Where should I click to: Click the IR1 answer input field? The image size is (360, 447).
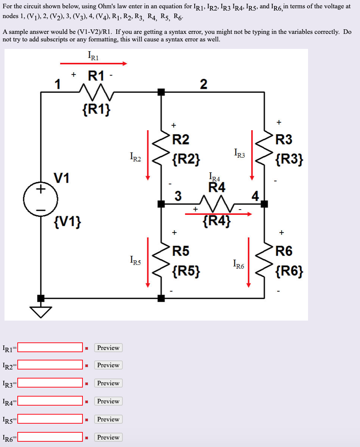[x=50, y=347]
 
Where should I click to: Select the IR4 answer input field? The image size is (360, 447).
[x=50, y=401]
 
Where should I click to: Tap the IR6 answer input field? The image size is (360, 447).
[x=50, y=437]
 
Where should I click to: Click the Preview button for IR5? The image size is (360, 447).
[x=108, y=419]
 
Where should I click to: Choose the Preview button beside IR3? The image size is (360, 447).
[x=108, y=383]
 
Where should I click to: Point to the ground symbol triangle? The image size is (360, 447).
[x=40, y=311]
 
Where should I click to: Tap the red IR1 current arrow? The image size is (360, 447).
[x=93, y=64]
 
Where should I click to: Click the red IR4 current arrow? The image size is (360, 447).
[x=218, y=214]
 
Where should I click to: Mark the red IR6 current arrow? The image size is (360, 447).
[x=249, y=262]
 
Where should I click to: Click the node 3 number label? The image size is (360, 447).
[x=178, y=196]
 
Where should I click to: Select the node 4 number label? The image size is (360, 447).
[x=256, y=196]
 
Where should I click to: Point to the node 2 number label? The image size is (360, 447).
[x=203, y=84]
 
